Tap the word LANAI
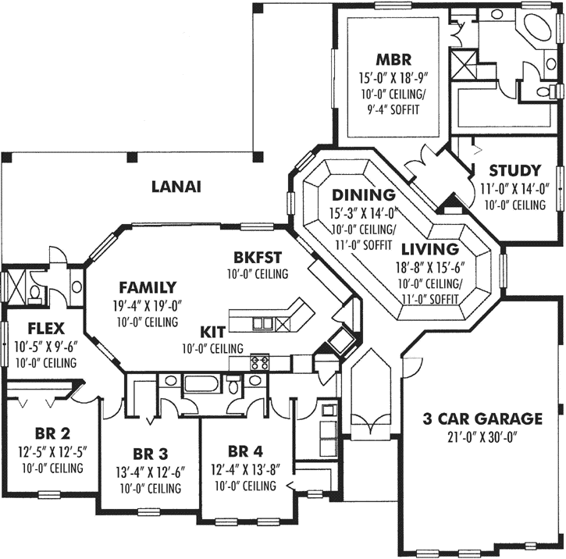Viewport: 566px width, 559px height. point(176,187)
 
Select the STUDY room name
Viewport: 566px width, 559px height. point(514,170)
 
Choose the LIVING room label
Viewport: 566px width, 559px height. point(429,250)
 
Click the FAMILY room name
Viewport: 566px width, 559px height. point(148,287)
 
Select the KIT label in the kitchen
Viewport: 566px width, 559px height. point(212,330)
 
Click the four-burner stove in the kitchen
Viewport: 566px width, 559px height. point(259,362)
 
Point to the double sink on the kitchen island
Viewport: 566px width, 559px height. point(269,322)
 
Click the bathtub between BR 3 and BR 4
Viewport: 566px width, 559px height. point(202,385)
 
